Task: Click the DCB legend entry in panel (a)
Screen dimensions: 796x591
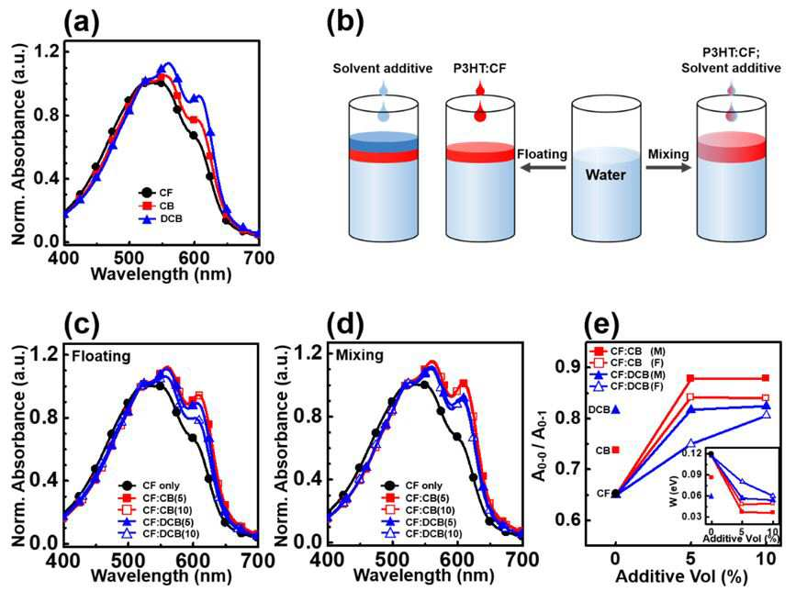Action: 161,219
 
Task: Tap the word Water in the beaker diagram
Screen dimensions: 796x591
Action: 606,175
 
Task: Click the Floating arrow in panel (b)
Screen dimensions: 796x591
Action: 544,166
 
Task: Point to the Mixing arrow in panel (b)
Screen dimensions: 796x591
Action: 668,166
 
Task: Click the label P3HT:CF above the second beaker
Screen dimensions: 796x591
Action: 480,69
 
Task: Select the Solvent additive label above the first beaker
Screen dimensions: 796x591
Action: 383,69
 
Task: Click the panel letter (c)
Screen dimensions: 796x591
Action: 82,325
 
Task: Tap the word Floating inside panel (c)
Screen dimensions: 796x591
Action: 101,356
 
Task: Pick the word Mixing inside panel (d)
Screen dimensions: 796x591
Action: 359,354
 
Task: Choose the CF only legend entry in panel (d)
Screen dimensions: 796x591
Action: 411,485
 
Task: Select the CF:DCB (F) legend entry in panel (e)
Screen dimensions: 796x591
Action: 627,386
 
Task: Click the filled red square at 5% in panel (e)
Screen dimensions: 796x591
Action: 690,378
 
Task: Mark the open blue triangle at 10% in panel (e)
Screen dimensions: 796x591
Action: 766,414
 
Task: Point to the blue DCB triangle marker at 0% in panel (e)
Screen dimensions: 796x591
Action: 616,409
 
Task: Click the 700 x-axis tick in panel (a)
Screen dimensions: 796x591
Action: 259,258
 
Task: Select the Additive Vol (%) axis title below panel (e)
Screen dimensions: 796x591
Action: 682,577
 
